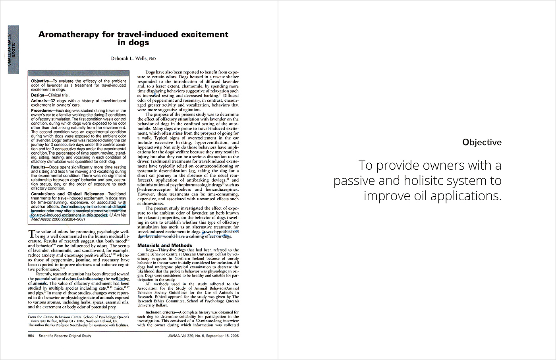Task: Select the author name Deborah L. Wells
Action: coord(130,58)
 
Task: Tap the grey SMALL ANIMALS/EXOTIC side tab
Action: coord(14,50)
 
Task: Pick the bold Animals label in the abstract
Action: coord(39,101)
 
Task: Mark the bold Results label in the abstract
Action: coord(38,167)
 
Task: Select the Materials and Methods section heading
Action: coord(164,245)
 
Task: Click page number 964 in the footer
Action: coord(31,336)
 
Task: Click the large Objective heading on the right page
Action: coord(482,142)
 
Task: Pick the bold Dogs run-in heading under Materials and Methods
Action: coord(151,250)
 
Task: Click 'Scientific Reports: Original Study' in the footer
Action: coord(65,336)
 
